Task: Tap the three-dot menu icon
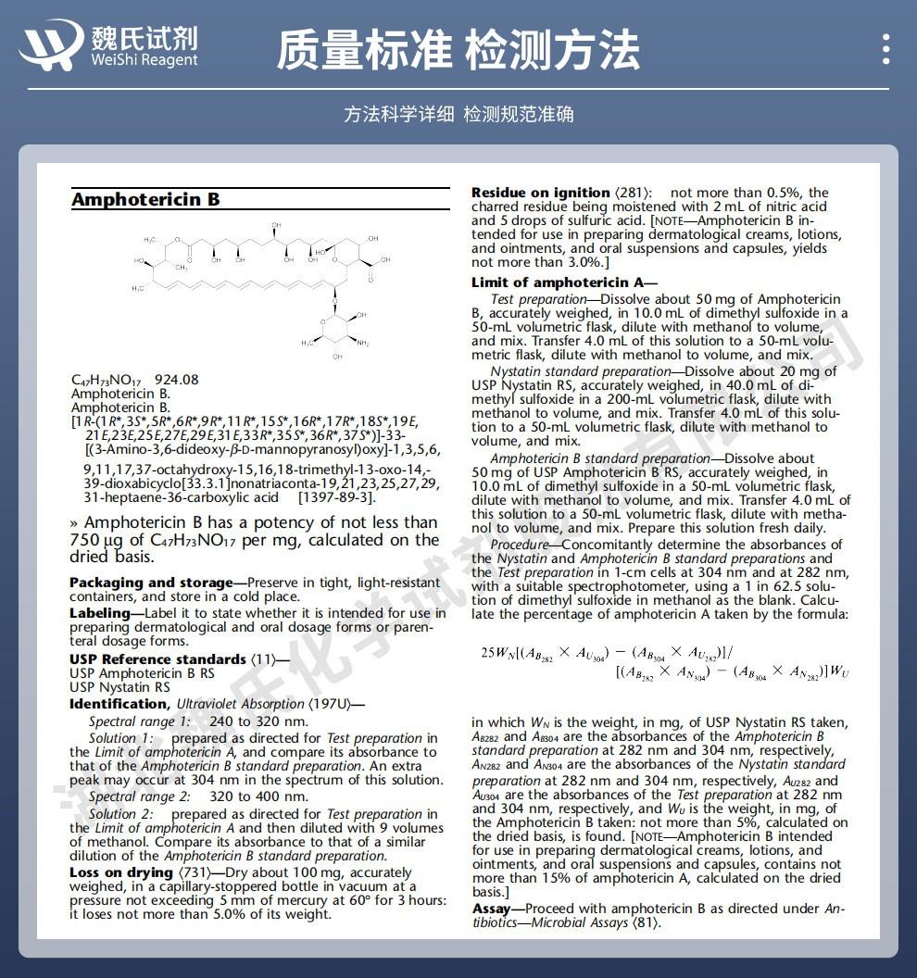click(886, 48)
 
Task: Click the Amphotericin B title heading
click(145, 200)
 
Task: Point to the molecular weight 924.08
click(176, 380)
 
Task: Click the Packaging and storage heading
click(150, 583)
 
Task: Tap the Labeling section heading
click(100, 613)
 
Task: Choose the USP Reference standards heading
click(157, 659)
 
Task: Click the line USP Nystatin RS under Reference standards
click(119, 687)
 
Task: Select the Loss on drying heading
click(121, 872)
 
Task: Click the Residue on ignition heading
click(541, 193)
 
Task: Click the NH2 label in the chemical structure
click(362, 344)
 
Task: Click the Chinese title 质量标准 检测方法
click(458, 49)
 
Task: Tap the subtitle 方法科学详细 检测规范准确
click(458, 114)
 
